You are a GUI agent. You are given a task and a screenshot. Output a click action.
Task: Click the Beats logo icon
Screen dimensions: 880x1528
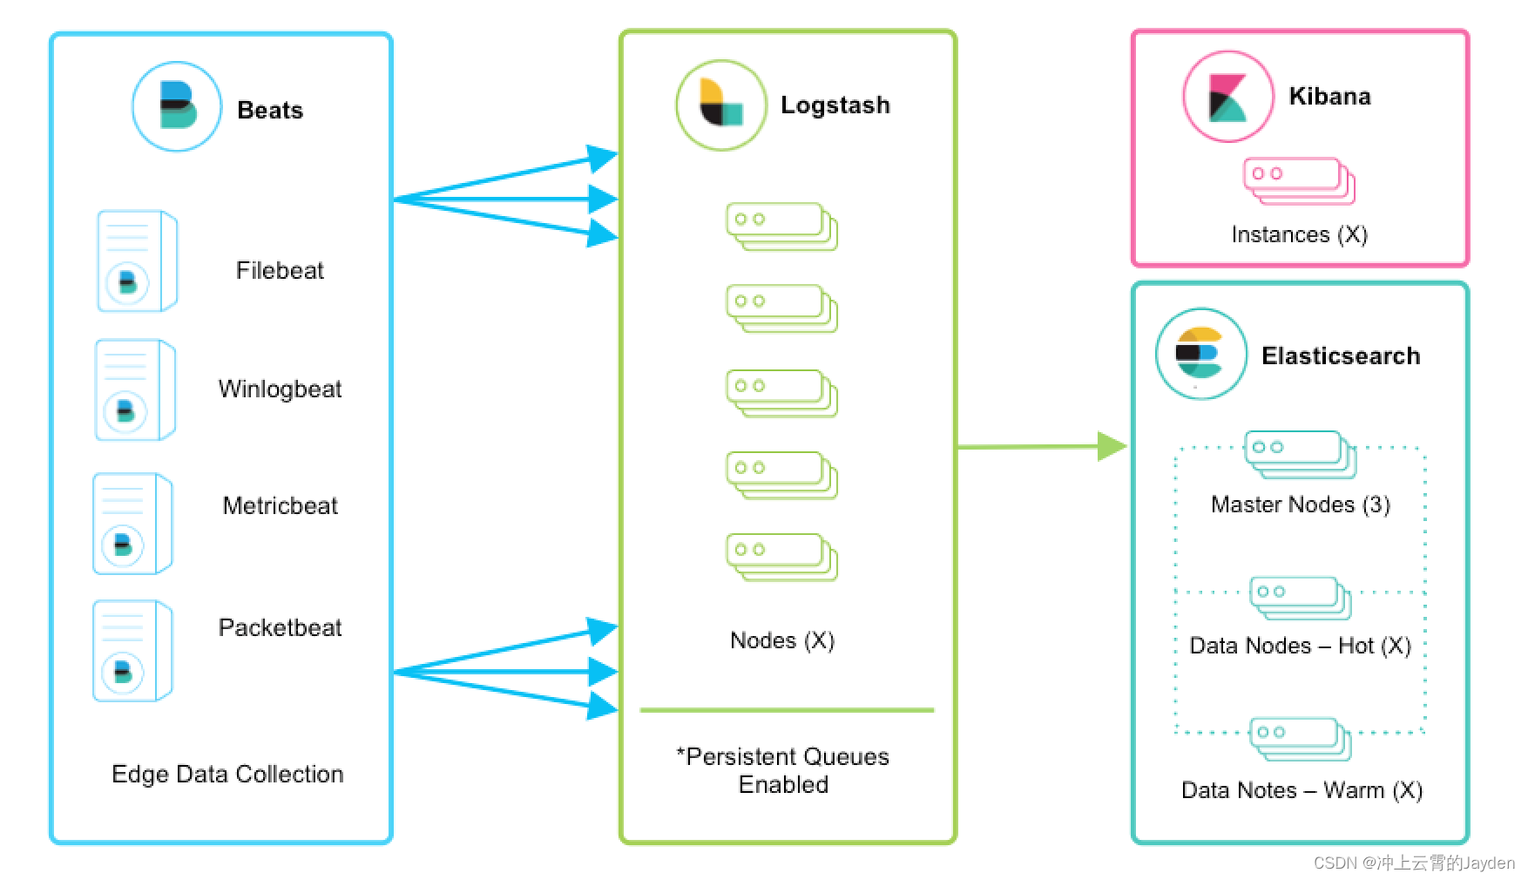[x=177, y=106]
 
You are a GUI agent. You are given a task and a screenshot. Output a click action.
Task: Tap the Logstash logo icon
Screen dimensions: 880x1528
[x=720, y=105]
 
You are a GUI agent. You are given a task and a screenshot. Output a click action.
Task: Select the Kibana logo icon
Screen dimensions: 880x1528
[x=1227, y=96]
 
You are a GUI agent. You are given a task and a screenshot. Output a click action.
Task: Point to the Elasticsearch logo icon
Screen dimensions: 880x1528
[x=1200, y=354]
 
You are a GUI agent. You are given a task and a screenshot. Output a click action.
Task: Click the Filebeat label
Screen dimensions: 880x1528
[x=280, y=270]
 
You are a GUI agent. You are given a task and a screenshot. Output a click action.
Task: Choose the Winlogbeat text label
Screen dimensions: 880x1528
[x=280, y=389]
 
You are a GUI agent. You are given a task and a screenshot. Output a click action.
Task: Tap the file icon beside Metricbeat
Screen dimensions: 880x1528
[x=132, y=524]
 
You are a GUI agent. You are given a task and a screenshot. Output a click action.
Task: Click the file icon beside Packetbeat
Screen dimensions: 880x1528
[x=132, y=650]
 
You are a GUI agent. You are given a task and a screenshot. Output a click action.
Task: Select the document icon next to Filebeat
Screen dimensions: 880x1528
[x=137, y=261]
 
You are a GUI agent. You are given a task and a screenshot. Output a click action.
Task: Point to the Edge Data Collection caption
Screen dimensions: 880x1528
[x=227, y=774]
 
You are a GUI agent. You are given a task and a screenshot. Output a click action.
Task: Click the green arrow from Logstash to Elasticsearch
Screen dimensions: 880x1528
[x=1041, y=446]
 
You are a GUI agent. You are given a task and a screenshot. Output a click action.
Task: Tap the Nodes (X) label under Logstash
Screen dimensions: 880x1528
[x=782, y=640]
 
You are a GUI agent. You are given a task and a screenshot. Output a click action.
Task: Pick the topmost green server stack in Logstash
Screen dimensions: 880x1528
[x=781, y=227]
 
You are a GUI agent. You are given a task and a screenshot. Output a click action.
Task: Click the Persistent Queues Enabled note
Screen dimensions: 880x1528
[x=783, y=770]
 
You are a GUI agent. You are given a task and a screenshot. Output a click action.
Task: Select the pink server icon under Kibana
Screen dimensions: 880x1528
[x=1299, y=181]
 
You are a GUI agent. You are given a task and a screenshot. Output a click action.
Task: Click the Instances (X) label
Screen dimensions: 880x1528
[x=1299, y=234]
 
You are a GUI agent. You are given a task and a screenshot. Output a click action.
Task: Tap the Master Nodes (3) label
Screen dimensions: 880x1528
[x=1300, y=504]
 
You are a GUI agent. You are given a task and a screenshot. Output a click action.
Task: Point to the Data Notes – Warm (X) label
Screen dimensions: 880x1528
[x=1302, y=790]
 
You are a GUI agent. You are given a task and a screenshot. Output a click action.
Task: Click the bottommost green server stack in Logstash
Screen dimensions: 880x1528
[x=781, y=557]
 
